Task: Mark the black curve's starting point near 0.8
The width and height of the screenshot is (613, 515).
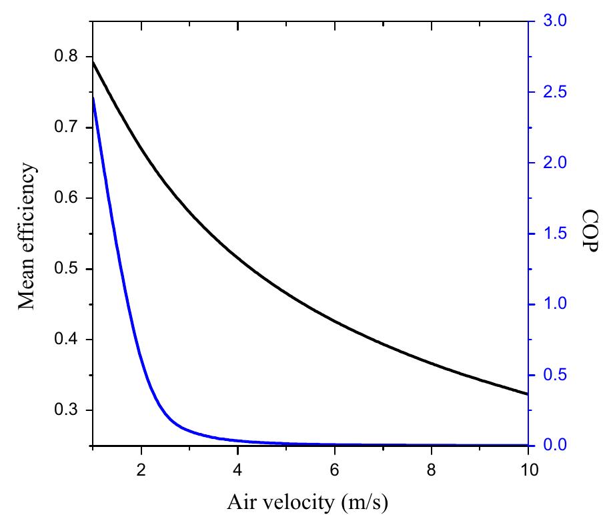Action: point(93,61)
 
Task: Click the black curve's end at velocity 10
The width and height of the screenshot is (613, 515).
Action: point(527,394)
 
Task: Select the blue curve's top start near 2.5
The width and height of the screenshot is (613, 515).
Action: point(93,97)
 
